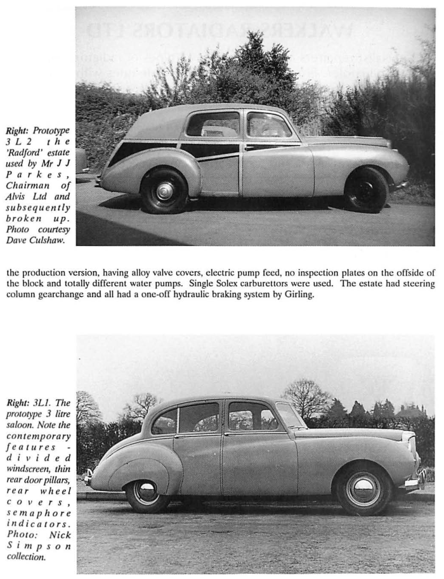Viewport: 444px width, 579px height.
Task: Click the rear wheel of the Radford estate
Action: [x=164, y=191]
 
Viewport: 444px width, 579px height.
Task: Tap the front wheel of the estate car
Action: [x=366, y=190]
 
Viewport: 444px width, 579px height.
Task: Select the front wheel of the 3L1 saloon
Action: [x=363, y=488]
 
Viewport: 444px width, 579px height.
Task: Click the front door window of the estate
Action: [x=268, y=125]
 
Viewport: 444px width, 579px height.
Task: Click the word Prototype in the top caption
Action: [x=51, y=131]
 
